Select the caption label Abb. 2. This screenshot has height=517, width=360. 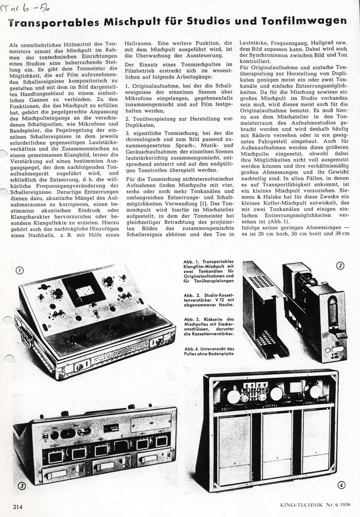coord(191,295)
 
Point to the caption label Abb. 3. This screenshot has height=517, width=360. coord(191,319)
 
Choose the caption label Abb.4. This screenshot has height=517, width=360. coord(191,348)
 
